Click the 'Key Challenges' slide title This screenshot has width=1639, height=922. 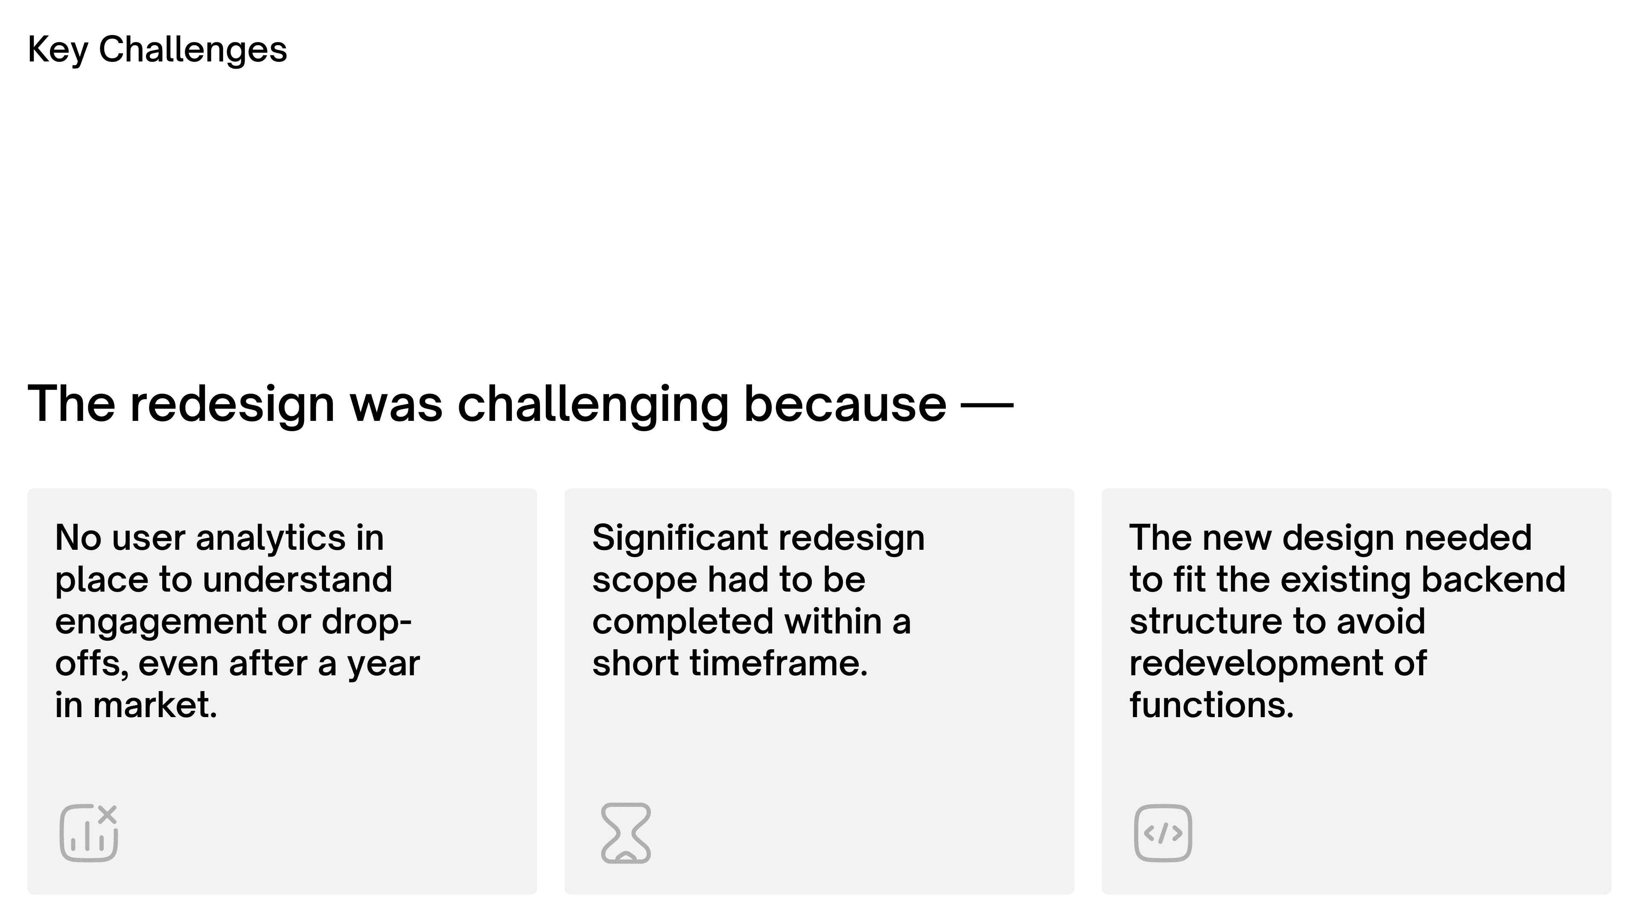(157, 50)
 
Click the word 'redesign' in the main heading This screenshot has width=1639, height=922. (232, 405)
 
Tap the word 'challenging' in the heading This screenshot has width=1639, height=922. (593, 405)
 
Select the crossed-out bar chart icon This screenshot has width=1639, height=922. (89, 833)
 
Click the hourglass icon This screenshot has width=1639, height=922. (626, 833)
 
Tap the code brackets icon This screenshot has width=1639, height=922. (1163, 833)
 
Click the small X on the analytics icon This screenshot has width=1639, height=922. (108, 814)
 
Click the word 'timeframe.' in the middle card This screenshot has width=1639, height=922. (779, 664)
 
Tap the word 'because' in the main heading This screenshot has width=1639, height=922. (845, 405)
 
